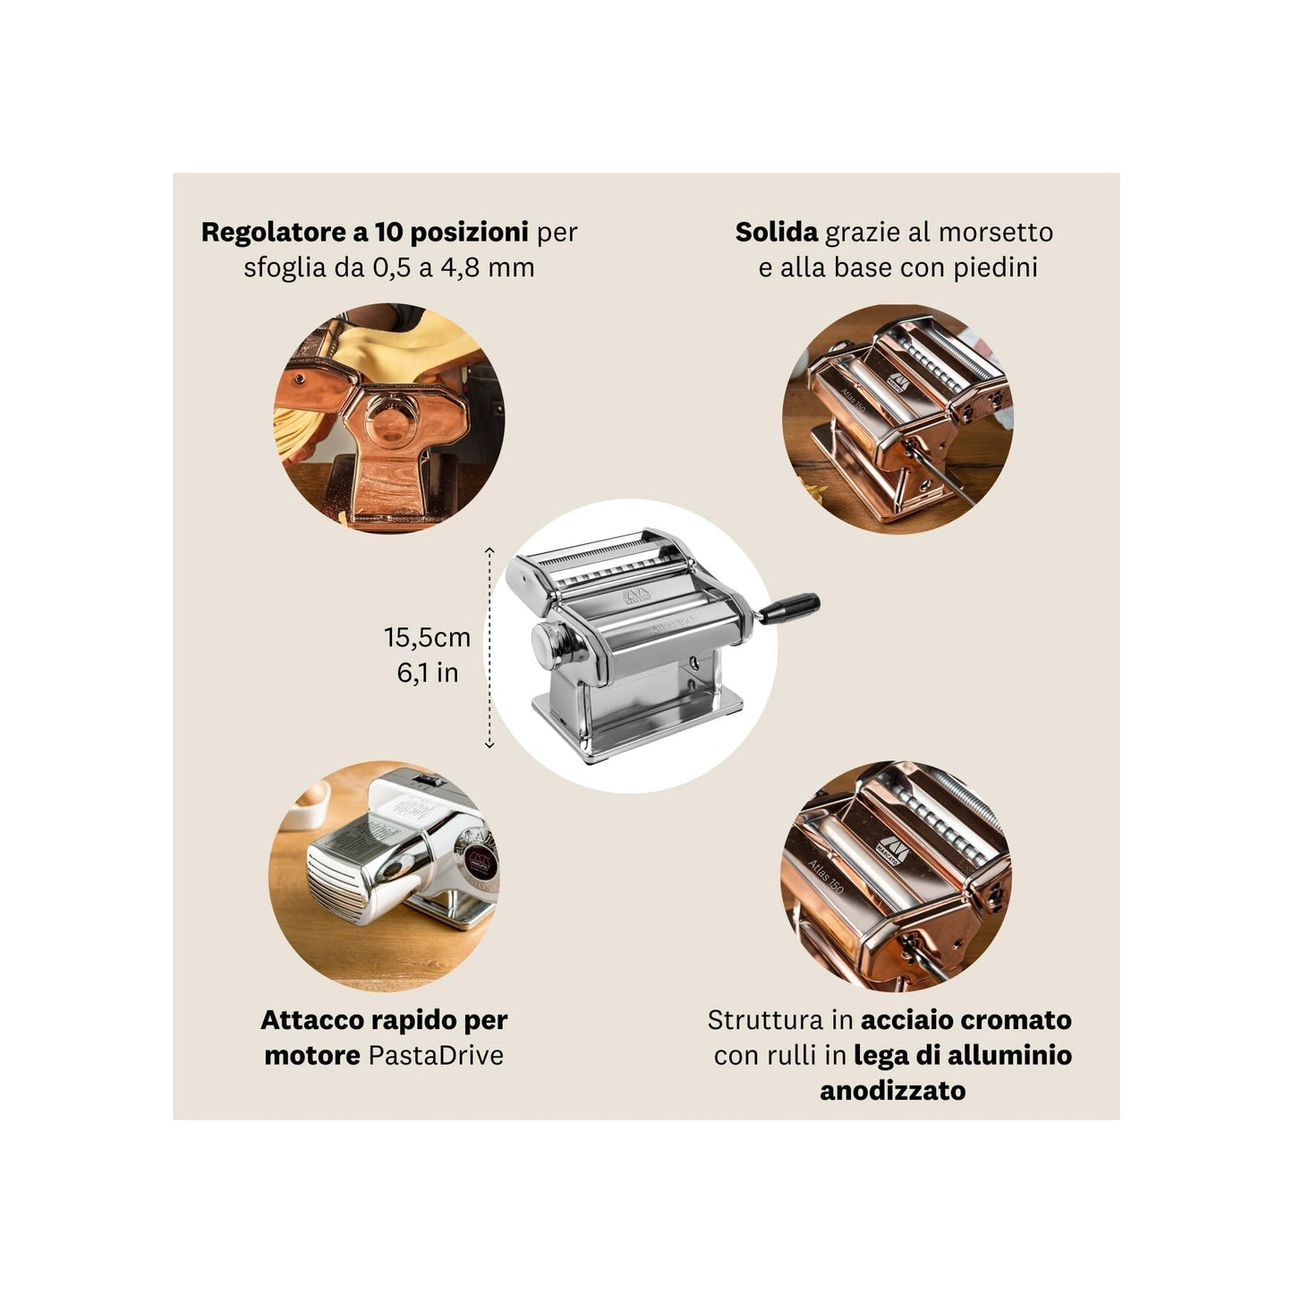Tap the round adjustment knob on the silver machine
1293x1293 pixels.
pos(549,643)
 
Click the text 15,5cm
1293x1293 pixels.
pos(427,637)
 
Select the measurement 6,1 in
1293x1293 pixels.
pos(427,672)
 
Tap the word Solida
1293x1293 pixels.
pos(776,232)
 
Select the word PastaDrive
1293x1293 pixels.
pos(435,1055)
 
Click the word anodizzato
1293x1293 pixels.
pos(892,1091)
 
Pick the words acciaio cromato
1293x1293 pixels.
pos(965,1020)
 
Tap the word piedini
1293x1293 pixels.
pos(992,268)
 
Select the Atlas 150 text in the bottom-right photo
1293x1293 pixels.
pos(825,876)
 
